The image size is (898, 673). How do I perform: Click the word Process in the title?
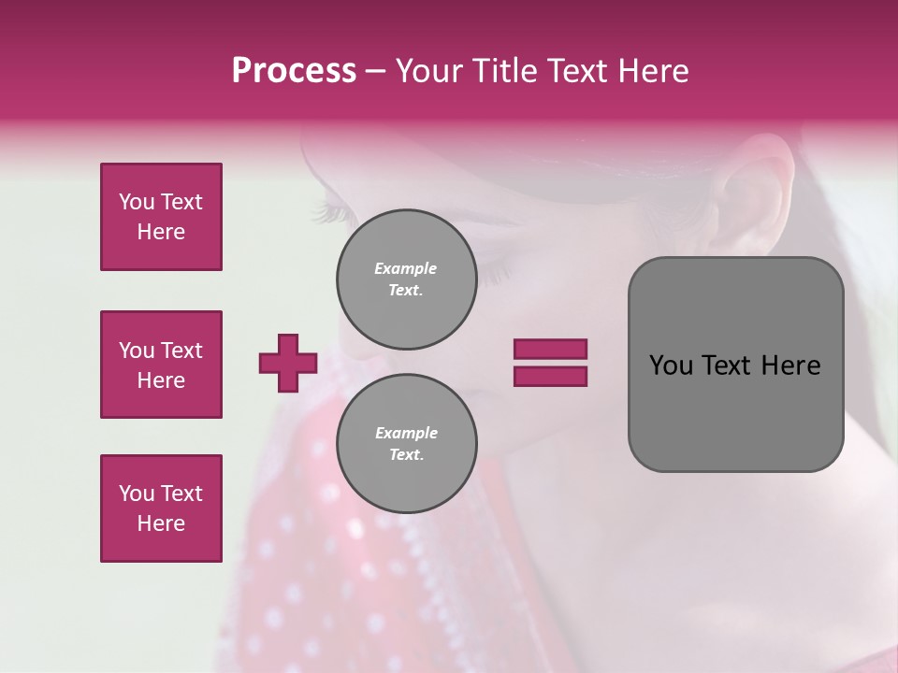point(294,71)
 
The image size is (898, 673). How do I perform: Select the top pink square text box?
point(161,217)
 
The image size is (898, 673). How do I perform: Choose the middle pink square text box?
point(161,365)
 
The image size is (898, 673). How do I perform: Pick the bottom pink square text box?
point(161,508)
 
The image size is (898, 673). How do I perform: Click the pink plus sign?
point(288,363)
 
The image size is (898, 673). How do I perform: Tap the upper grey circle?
point(406,279)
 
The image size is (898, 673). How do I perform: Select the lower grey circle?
point(406,444)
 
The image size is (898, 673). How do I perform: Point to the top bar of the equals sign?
point(550,349)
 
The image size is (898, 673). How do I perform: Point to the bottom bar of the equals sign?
point(550,376)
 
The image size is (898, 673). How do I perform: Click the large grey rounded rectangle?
point(735,365)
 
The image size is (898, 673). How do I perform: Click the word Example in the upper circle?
point(406,268)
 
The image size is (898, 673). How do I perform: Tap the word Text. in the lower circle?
point(406,455)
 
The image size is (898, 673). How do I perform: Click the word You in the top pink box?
point(137,202)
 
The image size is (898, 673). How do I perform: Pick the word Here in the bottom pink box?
point(161,523)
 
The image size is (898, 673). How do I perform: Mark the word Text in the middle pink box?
point(181,351)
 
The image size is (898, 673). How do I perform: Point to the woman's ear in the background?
point(758,187)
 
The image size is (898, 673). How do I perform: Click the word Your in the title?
point(432,71)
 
